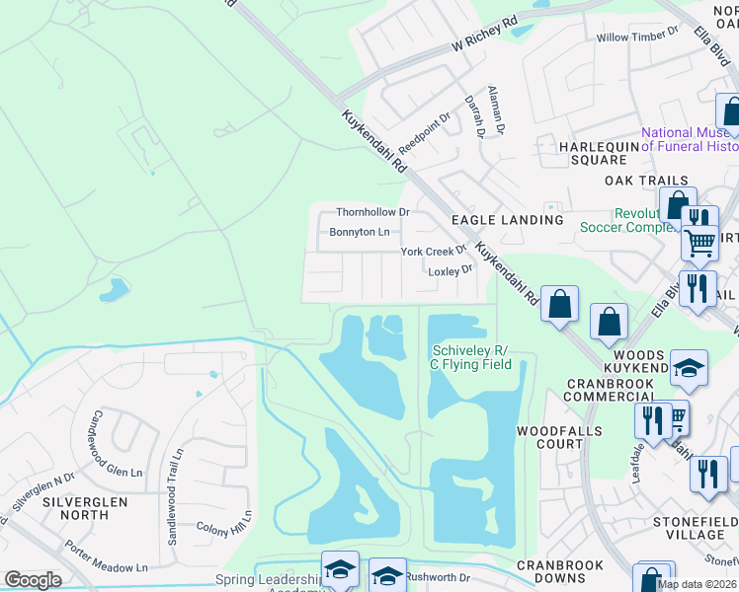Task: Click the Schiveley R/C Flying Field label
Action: pos(471,357)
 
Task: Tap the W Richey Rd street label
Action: pos(484,34)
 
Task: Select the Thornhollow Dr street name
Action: pos(372,212)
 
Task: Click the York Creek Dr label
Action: pos(433,252)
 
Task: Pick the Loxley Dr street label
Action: pos(451,269)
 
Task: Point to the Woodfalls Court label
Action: pos(550,437)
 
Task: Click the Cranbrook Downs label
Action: pos(559,572)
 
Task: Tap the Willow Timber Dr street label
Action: pos(637,37)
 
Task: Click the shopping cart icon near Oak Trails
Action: pos(699,241)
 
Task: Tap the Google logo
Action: pos(33,580)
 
